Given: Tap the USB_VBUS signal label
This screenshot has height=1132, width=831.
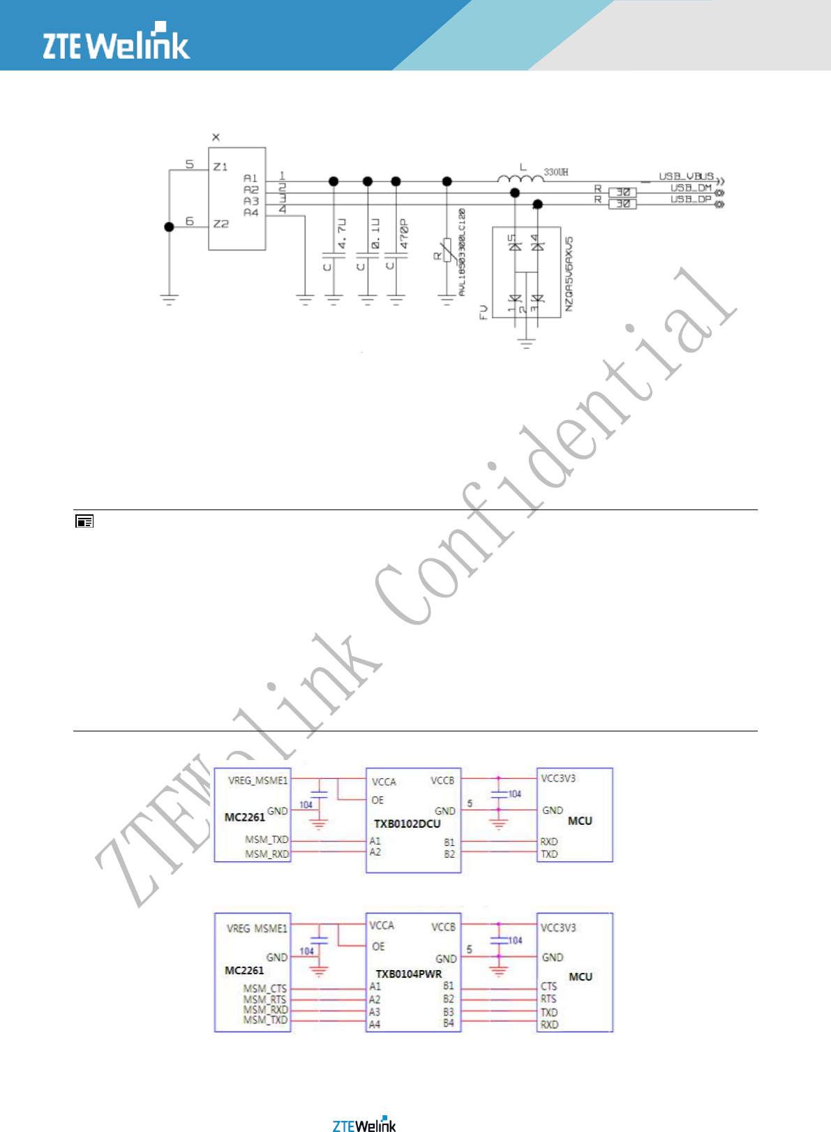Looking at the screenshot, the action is point(686,177).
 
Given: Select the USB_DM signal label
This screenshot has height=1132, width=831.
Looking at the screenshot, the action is point(691,188).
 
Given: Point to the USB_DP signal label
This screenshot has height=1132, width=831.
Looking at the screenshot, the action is point(691,200).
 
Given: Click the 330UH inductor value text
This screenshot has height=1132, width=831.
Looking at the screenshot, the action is point(556,172).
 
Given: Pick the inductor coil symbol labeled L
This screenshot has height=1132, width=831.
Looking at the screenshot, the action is point(521,179).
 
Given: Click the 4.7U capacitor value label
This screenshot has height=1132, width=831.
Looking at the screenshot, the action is point(343,234).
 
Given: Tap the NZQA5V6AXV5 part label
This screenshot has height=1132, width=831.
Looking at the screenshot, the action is point(569,274).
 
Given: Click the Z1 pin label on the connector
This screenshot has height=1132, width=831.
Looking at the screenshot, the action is point(220,167).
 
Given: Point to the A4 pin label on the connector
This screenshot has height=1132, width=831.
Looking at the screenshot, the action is point(250,212).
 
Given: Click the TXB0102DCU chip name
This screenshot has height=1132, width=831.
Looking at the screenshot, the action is point(407,824).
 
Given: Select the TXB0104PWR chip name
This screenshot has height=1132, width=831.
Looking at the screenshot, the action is point(409,974).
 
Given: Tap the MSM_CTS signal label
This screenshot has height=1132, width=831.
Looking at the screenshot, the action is point(265,988).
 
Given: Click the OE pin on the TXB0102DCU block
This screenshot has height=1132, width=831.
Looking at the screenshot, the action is point(377,800).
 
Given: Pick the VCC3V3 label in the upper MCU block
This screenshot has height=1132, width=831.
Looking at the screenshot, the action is point(558,778).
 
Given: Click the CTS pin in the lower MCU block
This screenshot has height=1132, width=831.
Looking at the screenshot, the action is point(548,986).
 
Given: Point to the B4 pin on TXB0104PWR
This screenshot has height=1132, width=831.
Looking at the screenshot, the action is point(448,1023).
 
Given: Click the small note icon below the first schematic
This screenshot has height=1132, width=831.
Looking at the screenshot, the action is point(84,521).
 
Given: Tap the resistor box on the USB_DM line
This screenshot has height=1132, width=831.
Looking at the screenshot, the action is point(622,192).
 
